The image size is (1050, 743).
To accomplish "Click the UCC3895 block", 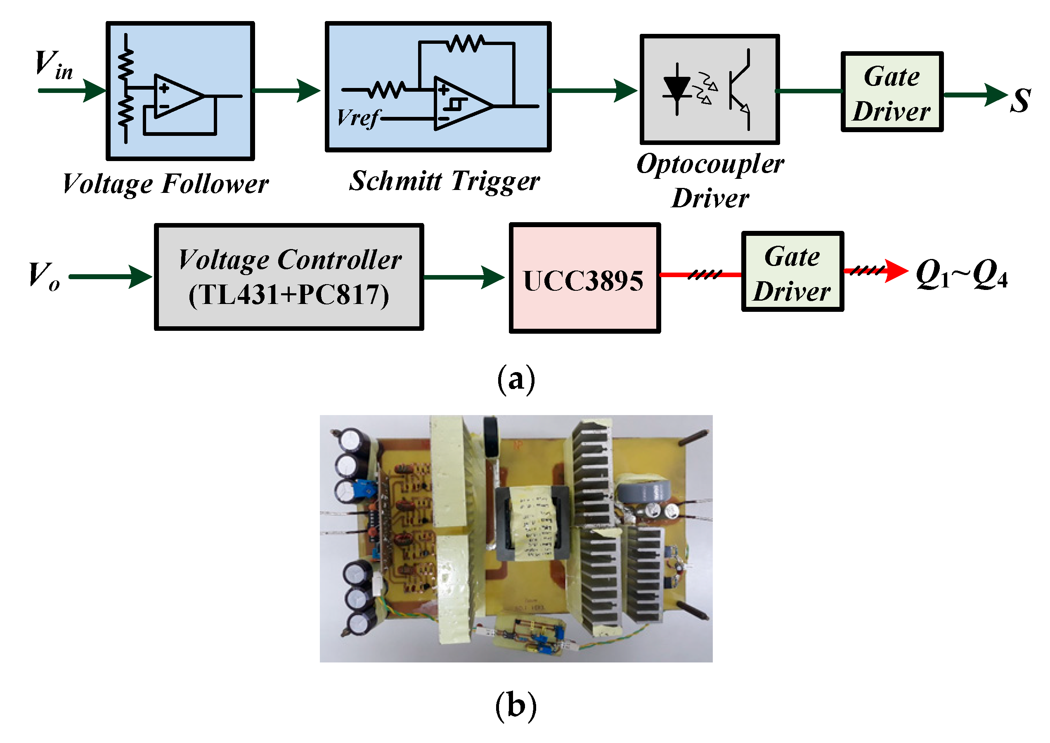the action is point(585,278).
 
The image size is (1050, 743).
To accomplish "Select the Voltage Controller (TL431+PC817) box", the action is point(289,277).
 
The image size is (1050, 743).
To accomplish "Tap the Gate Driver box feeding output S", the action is point(892,92).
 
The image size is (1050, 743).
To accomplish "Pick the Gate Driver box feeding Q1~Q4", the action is point(792,272).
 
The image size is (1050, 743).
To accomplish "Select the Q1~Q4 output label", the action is point(962,275).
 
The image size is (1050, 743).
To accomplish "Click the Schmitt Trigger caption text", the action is point(444,181).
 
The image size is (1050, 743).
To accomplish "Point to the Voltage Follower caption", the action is point(166,184).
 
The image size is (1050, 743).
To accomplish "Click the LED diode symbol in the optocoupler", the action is point(677,89).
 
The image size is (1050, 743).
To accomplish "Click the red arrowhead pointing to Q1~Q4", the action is point(897,271).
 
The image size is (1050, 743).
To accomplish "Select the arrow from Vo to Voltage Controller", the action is point(110,276).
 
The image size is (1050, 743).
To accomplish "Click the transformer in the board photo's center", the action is point(532,522).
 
